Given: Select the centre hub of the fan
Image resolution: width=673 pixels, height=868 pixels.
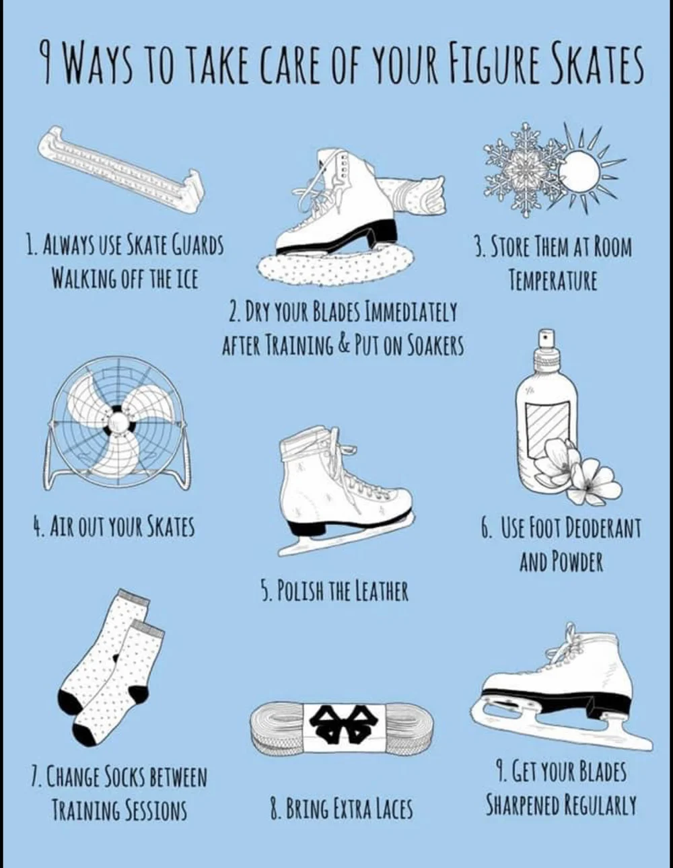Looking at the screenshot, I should tap(118, 422).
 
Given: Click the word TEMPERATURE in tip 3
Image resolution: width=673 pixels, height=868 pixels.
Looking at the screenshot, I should tap(553, 279).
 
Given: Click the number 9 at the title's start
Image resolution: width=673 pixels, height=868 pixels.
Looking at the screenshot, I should tap(45, 64).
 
